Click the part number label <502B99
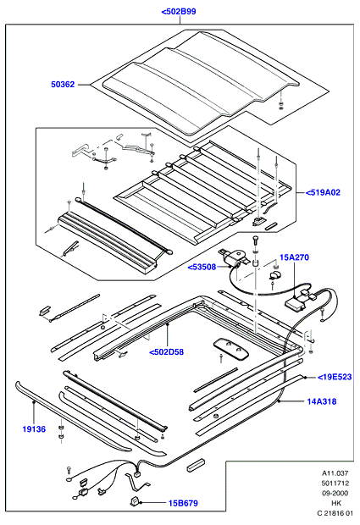(x=179, y=12)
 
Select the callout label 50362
(x=63, y=85)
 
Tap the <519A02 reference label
(x=323, y=192)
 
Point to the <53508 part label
(x=202, y=268)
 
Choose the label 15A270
(x=295, y=257)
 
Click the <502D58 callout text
(x=166, y=352)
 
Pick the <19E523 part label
(x=335, y=377)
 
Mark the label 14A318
(x=322, y=401)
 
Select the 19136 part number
(x=34, y=429)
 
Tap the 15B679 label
(x=183, y=503)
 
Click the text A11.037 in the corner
(x=335, y=473)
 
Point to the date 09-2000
(x=335, y=493)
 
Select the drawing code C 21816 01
(x=335, y=512)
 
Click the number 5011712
(x=335, y=484)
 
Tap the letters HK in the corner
(x=336, y=503)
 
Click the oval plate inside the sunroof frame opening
(x=232, y=349)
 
